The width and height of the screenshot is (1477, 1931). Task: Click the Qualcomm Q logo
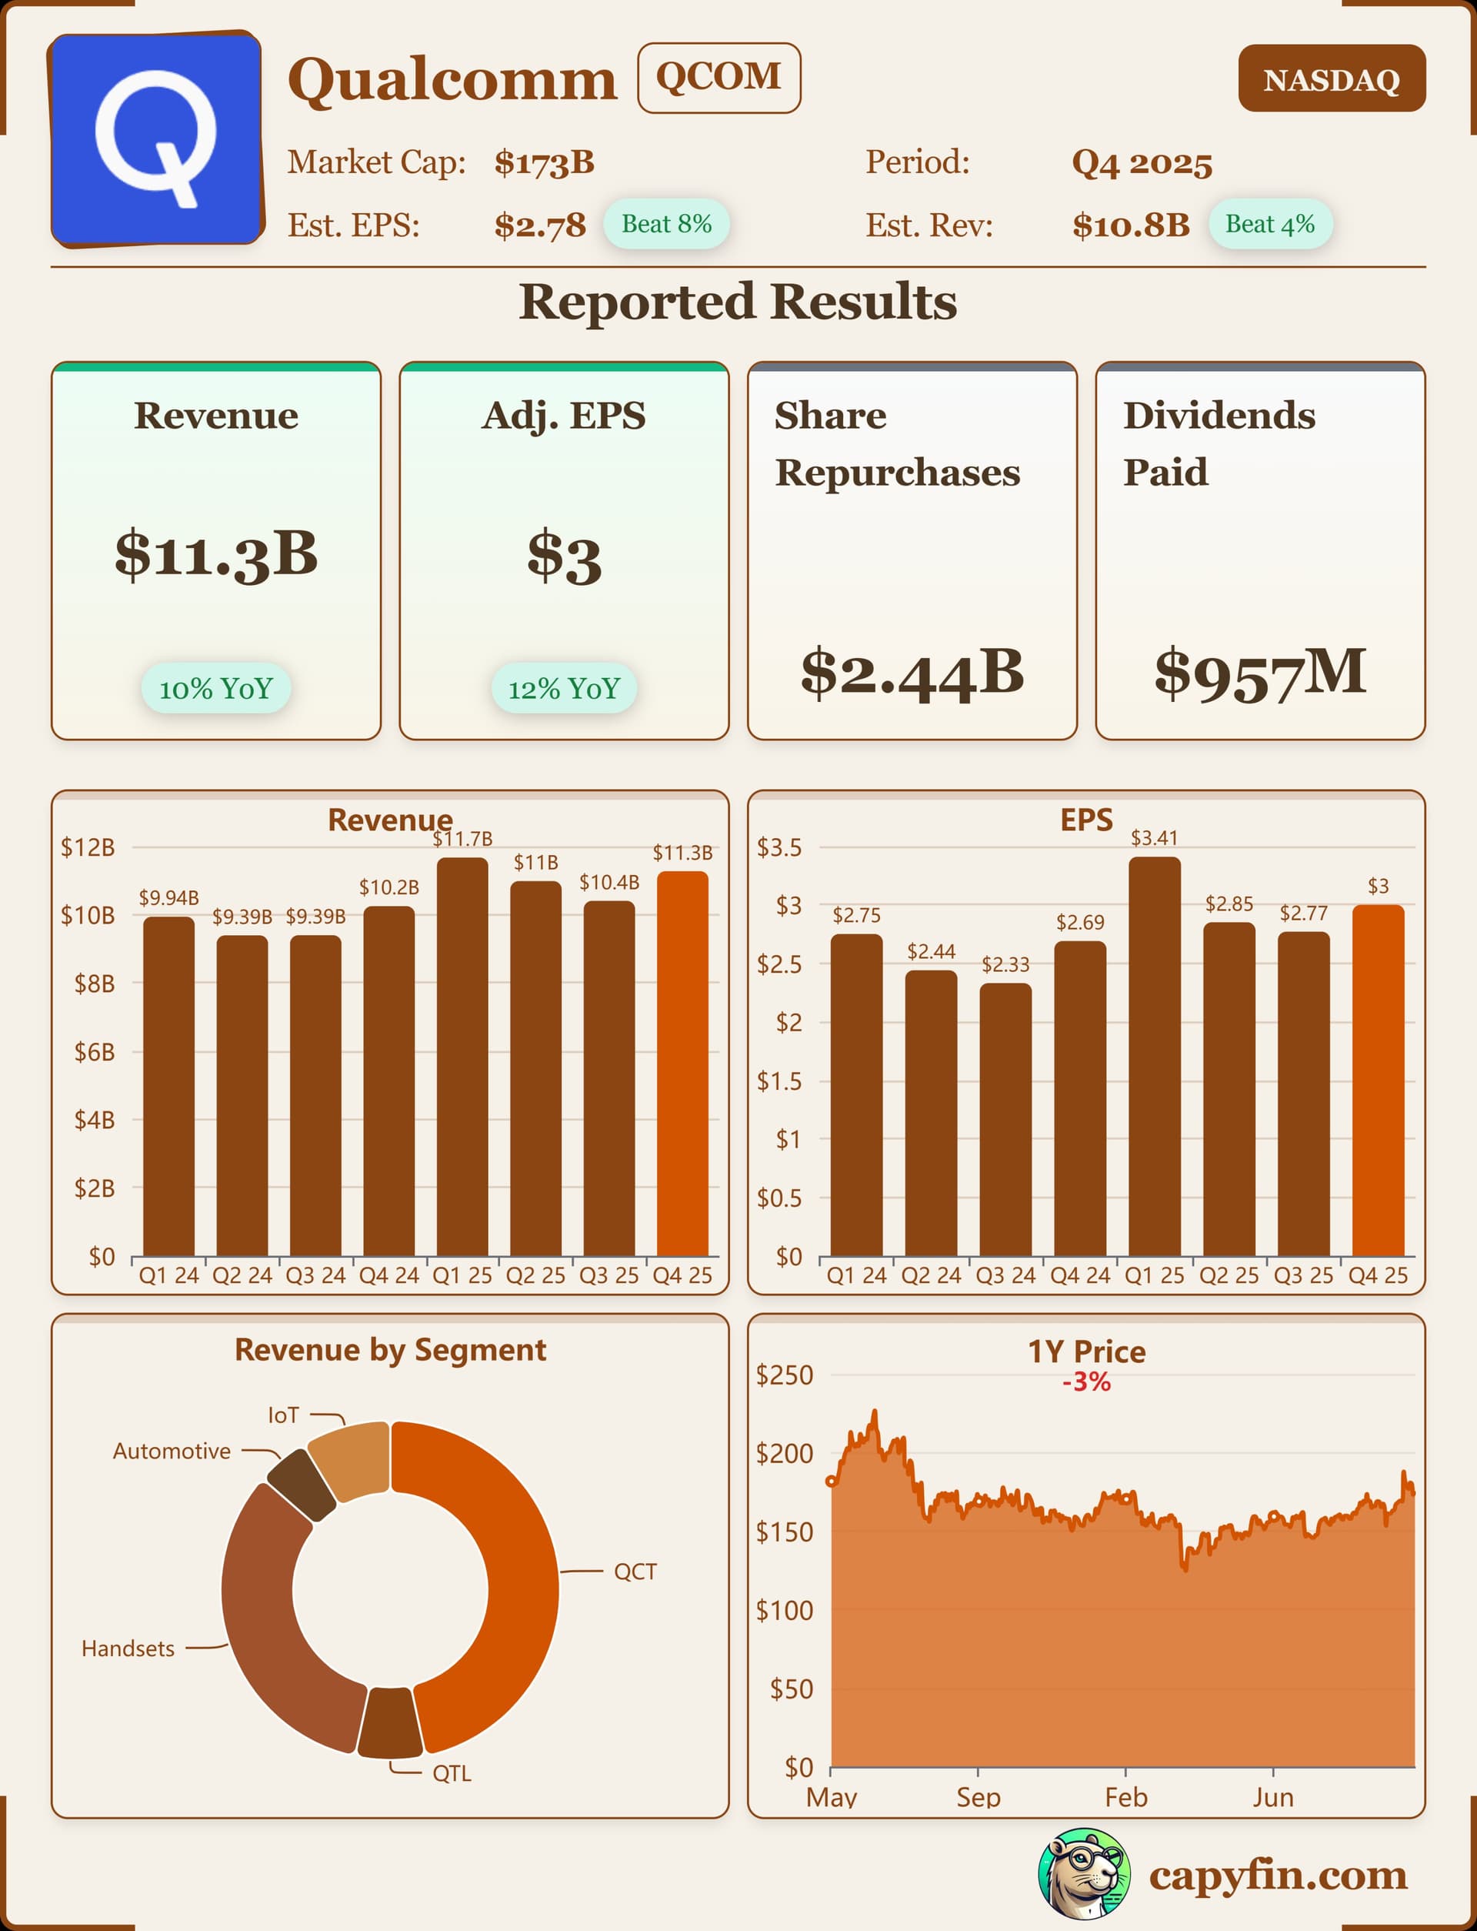tap(156, 139)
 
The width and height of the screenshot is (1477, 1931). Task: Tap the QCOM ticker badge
tap(718, 78)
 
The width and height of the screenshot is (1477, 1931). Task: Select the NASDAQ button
tap(1331, 79)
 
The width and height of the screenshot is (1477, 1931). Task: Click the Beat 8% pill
tap(666, 224)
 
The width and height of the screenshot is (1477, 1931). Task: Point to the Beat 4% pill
tap(1269, 224)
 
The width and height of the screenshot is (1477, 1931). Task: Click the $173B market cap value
tap(544, 162)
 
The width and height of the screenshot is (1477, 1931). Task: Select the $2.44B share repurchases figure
tap(912, 672)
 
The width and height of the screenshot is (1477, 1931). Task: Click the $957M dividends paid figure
tap(1260, 672)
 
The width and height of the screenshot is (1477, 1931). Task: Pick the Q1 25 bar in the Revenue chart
tap(462, 1055)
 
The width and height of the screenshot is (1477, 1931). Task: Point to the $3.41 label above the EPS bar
tap(1153, 838)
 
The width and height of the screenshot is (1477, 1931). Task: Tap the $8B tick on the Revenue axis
tap(94, 983)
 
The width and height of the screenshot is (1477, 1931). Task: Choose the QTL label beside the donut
tap(452, 1773)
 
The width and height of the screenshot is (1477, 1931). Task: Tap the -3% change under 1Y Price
tap(1085, 1382)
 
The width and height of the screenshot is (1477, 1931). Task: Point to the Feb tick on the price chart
tap(1125, 1796)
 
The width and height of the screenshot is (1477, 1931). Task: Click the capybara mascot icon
tap(1084, 1874)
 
